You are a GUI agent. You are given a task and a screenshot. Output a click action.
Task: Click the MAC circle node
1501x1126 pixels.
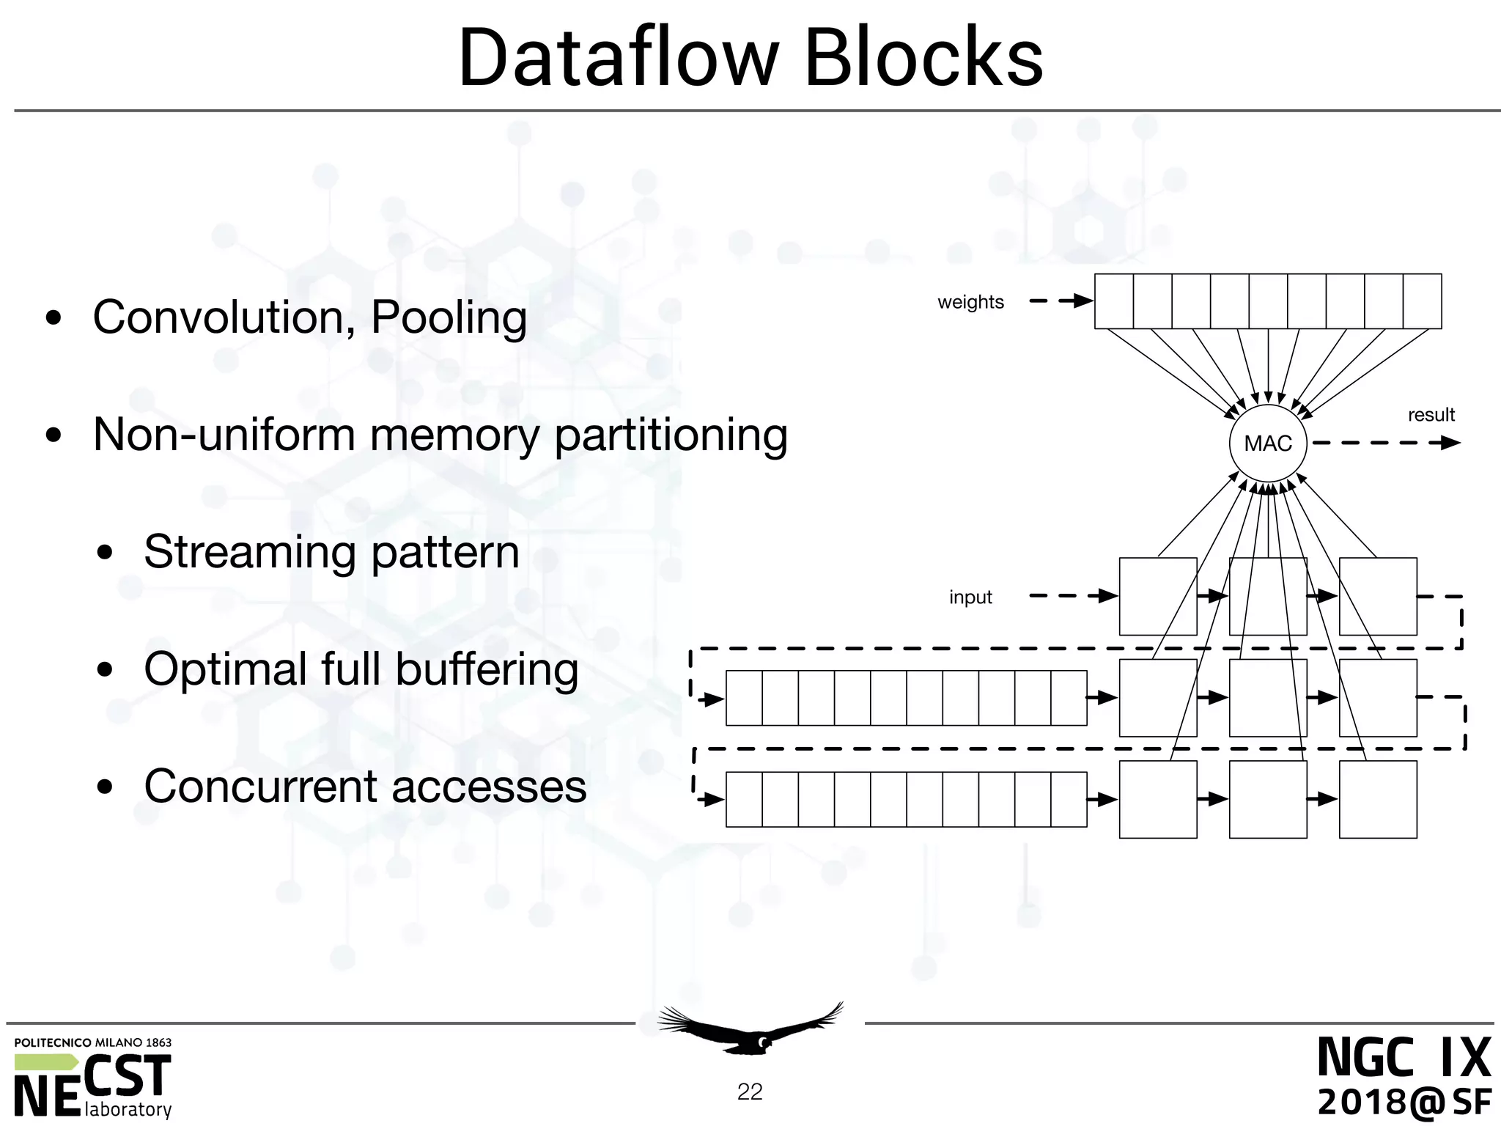coord(1268,444)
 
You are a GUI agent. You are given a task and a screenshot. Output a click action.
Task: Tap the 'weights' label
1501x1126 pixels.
coord(970,302)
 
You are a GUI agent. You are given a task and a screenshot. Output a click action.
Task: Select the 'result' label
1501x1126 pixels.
coord(1431,415)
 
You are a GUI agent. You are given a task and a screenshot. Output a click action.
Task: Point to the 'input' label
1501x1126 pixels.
coord(970,597)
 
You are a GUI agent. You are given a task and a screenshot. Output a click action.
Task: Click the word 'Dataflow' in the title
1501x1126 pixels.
coord(617,59)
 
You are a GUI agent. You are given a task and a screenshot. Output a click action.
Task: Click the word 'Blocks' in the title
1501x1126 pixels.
coord(923,59)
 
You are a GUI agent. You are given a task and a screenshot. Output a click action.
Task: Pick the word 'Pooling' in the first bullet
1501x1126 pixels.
coord(449,318)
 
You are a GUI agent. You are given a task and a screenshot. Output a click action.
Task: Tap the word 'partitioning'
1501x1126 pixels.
coord(671,435)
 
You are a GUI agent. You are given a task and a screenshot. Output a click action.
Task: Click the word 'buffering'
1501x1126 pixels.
coord(487,670)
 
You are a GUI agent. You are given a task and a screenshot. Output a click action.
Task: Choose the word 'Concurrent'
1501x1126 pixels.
coord(260,787)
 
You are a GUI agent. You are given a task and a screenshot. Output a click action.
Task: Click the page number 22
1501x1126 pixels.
coord(750,1092)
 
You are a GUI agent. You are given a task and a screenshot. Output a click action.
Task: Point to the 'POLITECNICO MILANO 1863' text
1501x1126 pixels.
coord(93,1042)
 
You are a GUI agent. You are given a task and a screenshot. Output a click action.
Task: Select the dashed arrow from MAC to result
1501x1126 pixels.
coord(1385,443)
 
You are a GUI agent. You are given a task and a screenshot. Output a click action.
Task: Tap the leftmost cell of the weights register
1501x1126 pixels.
coord(1114,301)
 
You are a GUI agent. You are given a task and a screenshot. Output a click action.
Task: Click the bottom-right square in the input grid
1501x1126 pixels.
coord(1378,799)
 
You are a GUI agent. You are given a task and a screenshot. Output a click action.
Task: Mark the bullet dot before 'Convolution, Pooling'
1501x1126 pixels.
coord(54,320)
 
